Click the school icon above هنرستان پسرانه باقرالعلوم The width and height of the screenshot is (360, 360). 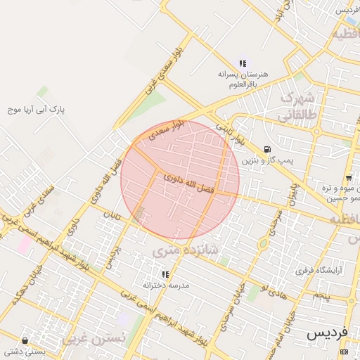point(243,64)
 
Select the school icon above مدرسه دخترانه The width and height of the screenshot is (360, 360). point(165,274)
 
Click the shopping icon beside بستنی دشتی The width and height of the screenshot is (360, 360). point(25,340)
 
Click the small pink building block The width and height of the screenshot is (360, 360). point(25,245)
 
